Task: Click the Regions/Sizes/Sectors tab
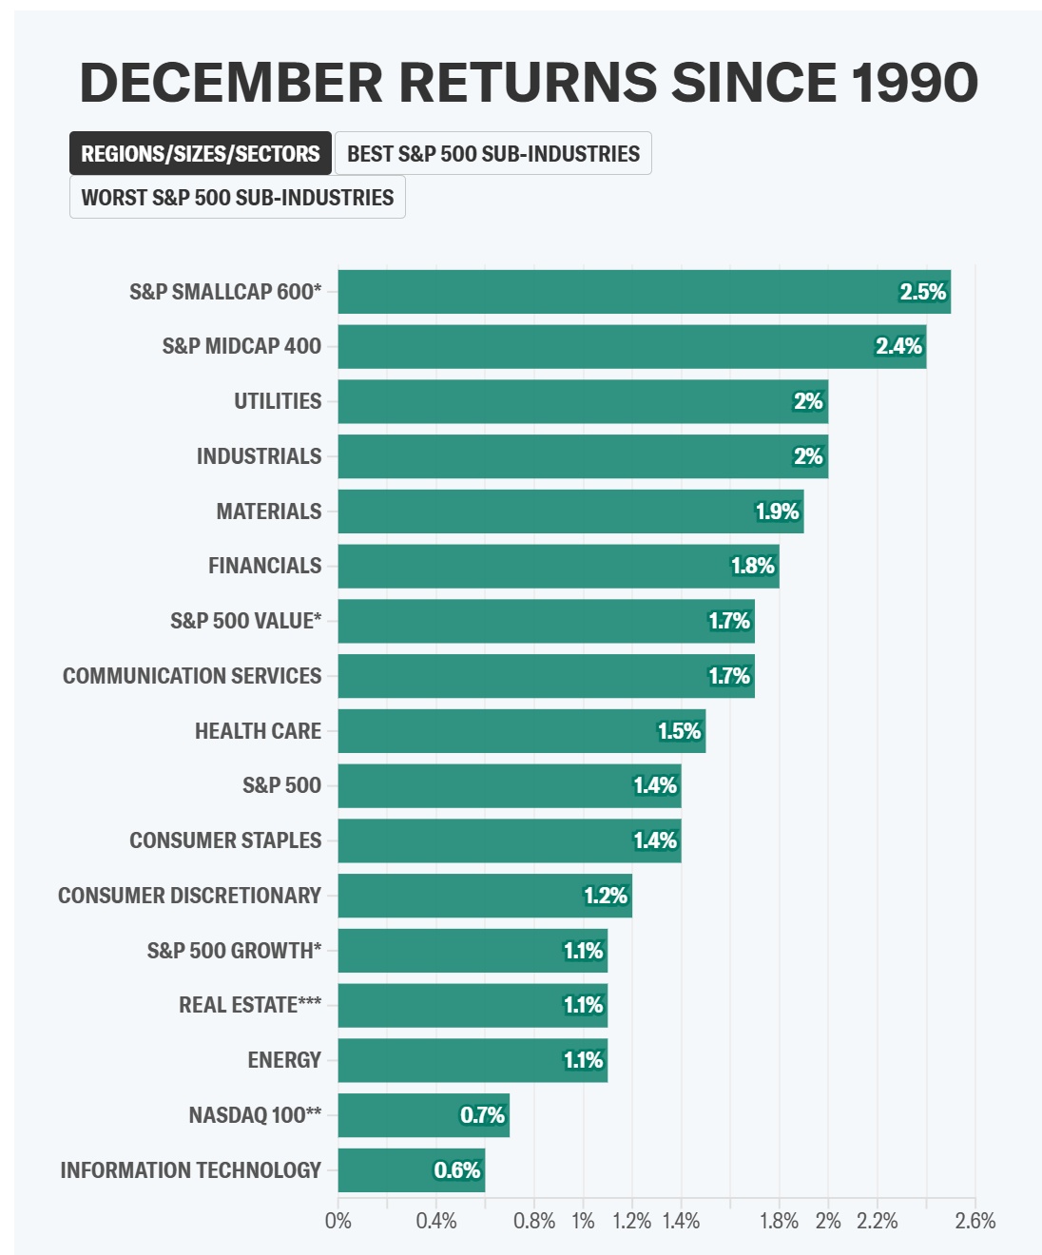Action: coord(200,153)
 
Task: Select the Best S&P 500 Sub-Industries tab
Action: coord(492,153)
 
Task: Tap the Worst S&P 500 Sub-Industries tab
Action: coord(237,197)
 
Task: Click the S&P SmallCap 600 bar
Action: coord(644,292)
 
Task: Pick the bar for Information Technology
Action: coord(411,1170)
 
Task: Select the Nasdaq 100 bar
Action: coord(423,1115)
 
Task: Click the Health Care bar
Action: coord(521,731)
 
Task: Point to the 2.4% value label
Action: coord(898,346)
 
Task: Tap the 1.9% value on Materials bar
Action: coord(777,512)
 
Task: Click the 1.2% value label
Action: coord(606,896)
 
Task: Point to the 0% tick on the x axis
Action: coord(338,1221)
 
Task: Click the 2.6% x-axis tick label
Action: coord(975,1221)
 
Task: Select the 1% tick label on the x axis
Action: coord(583,1221)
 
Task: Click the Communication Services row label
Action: coord(192,676)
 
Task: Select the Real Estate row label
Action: coord(250,1005)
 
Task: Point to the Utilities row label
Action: coord(278,401)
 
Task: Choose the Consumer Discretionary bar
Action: coord(485,896)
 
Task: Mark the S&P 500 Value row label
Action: coord(245,621)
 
